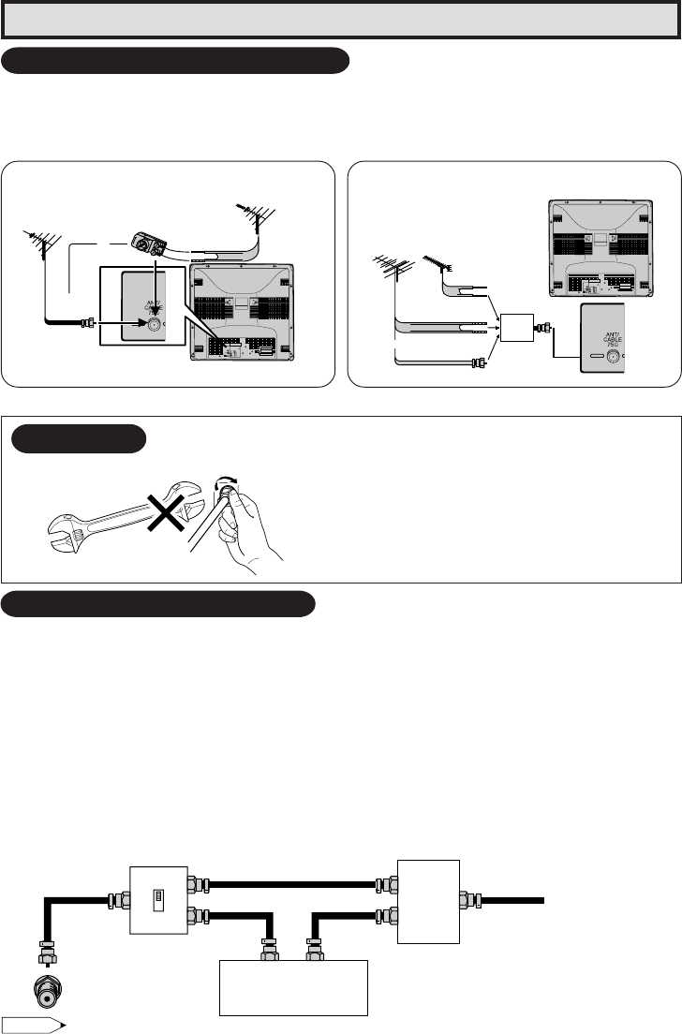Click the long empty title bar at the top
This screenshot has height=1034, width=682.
pos(341,19)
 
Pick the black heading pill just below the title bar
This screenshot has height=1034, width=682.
pos(176,62)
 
